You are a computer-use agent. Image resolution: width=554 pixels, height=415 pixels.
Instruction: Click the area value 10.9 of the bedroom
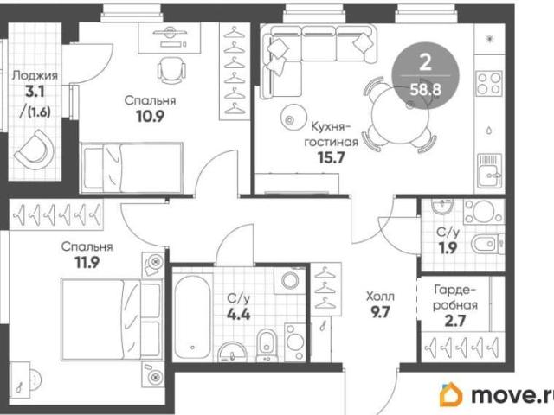[150, 116]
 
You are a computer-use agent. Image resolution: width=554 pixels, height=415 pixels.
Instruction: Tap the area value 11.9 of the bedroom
[87, 262]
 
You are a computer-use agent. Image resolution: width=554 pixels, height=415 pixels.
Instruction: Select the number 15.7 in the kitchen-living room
[331, 157]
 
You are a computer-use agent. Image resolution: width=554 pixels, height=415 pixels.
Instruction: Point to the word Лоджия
[35, 76]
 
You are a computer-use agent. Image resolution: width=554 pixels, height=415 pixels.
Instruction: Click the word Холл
[381, 296]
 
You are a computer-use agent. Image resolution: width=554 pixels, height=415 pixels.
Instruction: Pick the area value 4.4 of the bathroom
[239, 314]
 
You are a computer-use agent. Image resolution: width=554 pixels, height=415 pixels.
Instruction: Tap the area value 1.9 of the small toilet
[448, 248]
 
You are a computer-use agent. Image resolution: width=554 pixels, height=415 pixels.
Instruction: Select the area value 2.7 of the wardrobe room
[455, 321]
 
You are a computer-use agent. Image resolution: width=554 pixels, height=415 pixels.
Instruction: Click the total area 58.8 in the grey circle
[425, 90]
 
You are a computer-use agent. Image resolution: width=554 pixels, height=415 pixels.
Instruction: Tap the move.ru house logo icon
[451, 394]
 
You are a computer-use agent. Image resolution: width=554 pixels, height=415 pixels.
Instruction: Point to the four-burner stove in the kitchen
[489, 84]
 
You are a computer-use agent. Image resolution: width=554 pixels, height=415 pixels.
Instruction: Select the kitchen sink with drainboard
[489, 170]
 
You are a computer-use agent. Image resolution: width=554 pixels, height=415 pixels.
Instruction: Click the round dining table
[400, 115]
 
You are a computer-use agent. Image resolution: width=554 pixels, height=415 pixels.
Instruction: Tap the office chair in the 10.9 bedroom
[171, 70]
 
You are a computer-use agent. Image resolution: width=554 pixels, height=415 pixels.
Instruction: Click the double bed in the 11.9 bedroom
[112, 319]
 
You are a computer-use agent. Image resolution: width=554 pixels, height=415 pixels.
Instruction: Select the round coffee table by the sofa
[294, 117]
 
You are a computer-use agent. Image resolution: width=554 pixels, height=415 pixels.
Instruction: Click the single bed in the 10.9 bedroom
[132, 168]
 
